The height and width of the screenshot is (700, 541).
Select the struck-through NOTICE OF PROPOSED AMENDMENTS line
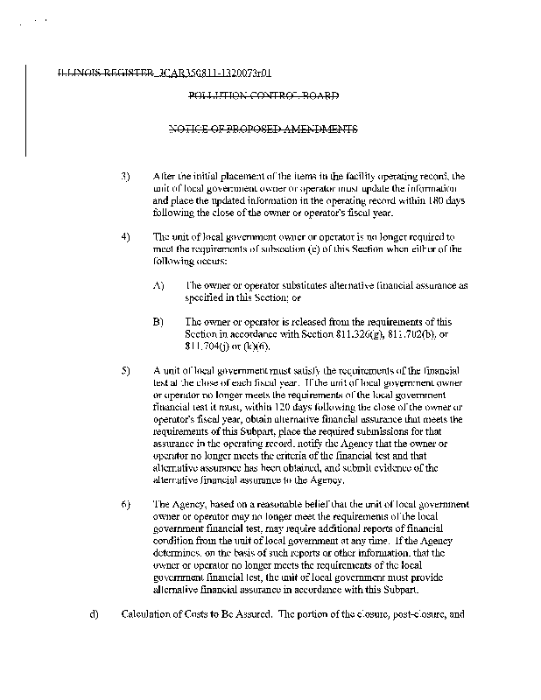coord(263,129)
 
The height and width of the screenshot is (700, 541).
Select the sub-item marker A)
coord(158,285)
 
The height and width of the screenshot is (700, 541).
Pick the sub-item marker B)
coord(158,321)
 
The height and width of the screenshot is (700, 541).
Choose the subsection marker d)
coord(94,613)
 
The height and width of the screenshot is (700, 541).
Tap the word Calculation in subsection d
coord(148,613)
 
